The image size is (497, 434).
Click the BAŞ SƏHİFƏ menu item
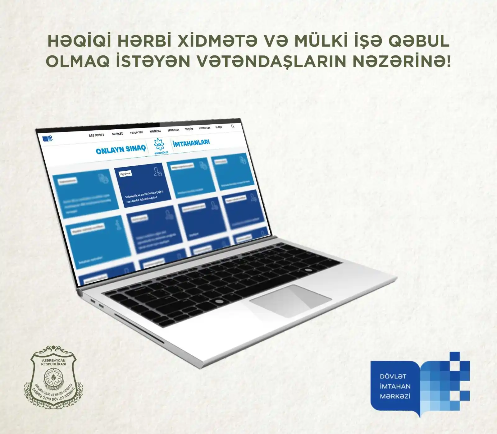[x=97, y=135]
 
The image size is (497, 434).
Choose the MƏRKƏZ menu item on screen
[x=117, y=134]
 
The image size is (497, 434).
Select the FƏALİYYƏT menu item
[x=136, y=132]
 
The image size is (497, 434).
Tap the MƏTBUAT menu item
[x=155, y=131]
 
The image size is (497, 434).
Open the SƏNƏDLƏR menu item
[x=173, y=130]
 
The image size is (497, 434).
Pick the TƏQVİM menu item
[x=189, y=129]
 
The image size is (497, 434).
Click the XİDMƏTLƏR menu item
[x=204, y=128]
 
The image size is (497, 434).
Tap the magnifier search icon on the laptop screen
[x=233, y=126]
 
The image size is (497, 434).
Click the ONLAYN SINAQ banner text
[x=121, y=150]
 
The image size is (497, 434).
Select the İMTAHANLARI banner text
[x=191, y=143]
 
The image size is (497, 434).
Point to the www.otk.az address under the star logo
[x=161, y=153]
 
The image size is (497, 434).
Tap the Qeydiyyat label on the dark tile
[x=126, y=174]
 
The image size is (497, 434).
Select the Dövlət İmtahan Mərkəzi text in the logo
[x=395, y=386]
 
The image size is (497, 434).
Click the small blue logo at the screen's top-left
[x=47, y=139]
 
